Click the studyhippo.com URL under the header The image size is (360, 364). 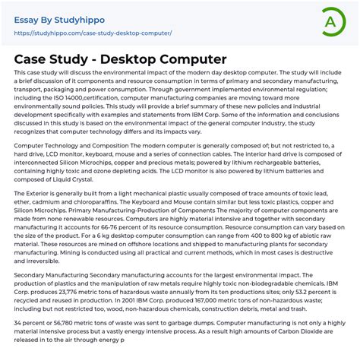[x=93, y=33]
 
